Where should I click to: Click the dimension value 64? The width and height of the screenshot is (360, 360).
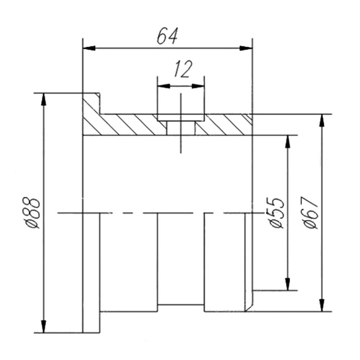[x=167, y=36]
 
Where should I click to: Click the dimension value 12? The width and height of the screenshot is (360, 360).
[x=183, y=69]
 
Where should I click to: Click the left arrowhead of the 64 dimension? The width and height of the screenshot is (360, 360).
[x=89, y=48]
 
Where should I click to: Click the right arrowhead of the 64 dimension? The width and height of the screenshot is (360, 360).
[x=246, y=48]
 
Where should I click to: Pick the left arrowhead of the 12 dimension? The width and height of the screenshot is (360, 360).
[x=164, y=86]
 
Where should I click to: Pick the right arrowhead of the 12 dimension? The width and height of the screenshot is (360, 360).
[x=198, y=86]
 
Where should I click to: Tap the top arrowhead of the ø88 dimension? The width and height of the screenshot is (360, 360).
[x=43, y=99]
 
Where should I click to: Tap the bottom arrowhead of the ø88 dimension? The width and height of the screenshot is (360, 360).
[x=43, y=326]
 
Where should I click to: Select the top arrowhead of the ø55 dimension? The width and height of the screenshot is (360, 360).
[x=288, y=141]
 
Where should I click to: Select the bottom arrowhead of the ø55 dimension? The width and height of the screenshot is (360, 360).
[x=288, y=284]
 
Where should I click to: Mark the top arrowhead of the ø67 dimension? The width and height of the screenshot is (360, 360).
[x=322, y=120]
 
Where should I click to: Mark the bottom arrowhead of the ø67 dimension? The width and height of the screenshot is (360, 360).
[x=322, y=305]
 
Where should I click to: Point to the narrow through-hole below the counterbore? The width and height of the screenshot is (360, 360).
[x=181, y=128]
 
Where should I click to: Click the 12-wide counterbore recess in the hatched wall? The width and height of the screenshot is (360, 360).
[x=181, y=117]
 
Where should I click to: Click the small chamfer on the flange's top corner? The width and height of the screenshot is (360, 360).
[x=98, y=95]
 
